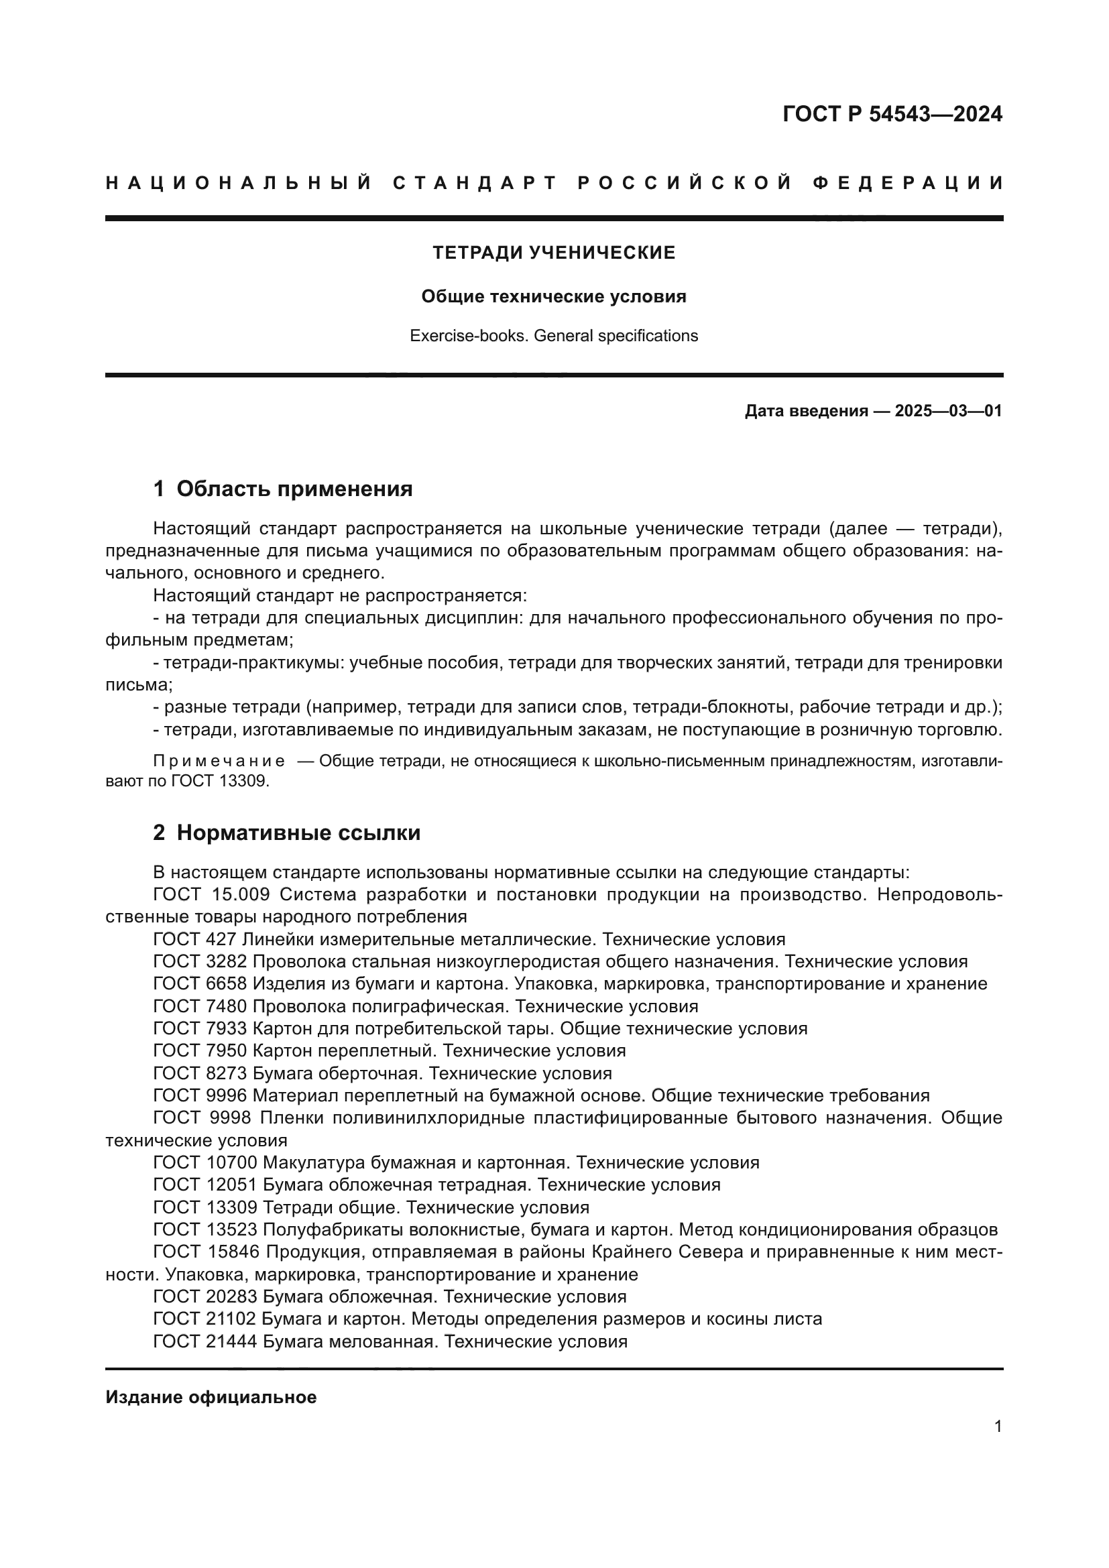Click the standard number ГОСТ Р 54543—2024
point(892,114)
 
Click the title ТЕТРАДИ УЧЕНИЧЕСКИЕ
point(554,253)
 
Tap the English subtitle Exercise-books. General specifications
point(554,336)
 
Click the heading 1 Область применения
point(284,489)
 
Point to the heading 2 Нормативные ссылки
point(287,833)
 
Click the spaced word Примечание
point(219,762)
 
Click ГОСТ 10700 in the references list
point(205,1162)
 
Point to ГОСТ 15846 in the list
point(205,1252)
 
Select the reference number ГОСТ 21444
point(205,1341)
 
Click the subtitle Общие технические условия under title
point(554,296)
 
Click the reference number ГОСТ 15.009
point(212,894)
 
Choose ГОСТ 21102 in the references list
point(205,1319)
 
